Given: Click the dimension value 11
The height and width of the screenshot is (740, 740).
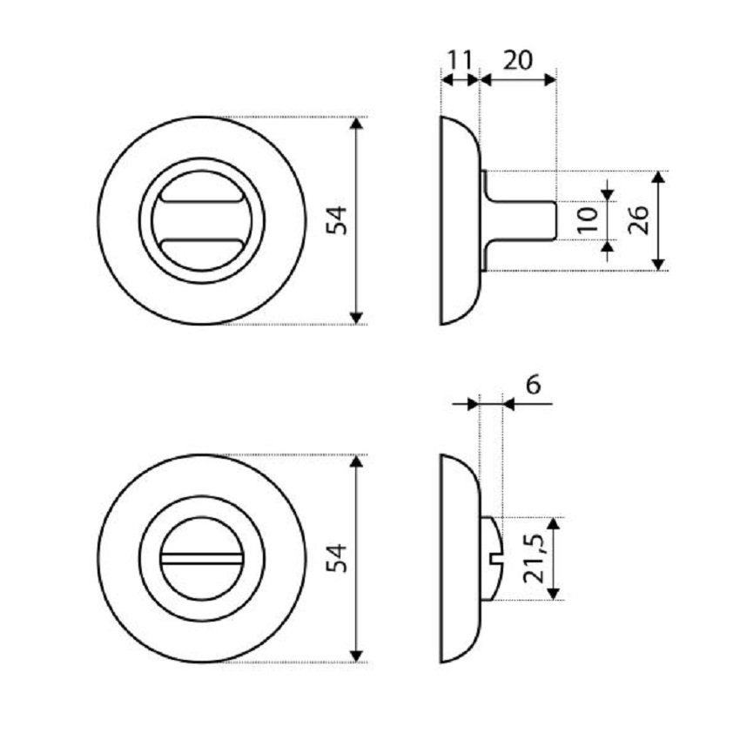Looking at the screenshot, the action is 460,60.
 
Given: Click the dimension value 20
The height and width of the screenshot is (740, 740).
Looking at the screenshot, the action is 518,60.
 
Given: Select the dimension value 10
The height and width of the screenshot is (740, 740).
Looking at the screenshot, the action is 588,220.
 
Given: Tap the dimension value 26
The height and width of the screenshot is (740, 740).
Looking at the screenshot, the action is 638,220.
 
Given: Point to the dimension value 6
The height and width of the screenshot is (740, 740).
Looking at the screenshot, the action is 533,385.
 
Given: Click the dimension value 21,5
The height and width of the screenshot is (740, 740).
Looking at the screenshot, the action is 535,559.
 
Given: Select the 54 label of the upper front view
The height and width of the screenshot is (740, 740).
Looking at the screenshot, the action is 337,220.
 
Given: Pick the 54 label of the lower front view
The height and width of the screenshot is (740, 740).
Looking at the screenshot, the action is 337,558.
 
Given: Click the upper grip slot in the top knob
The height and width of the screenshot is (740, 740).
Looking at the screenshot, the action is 201,197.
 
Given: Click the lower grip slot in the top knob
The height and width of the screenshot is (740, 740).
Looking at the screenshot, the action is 201,245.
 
